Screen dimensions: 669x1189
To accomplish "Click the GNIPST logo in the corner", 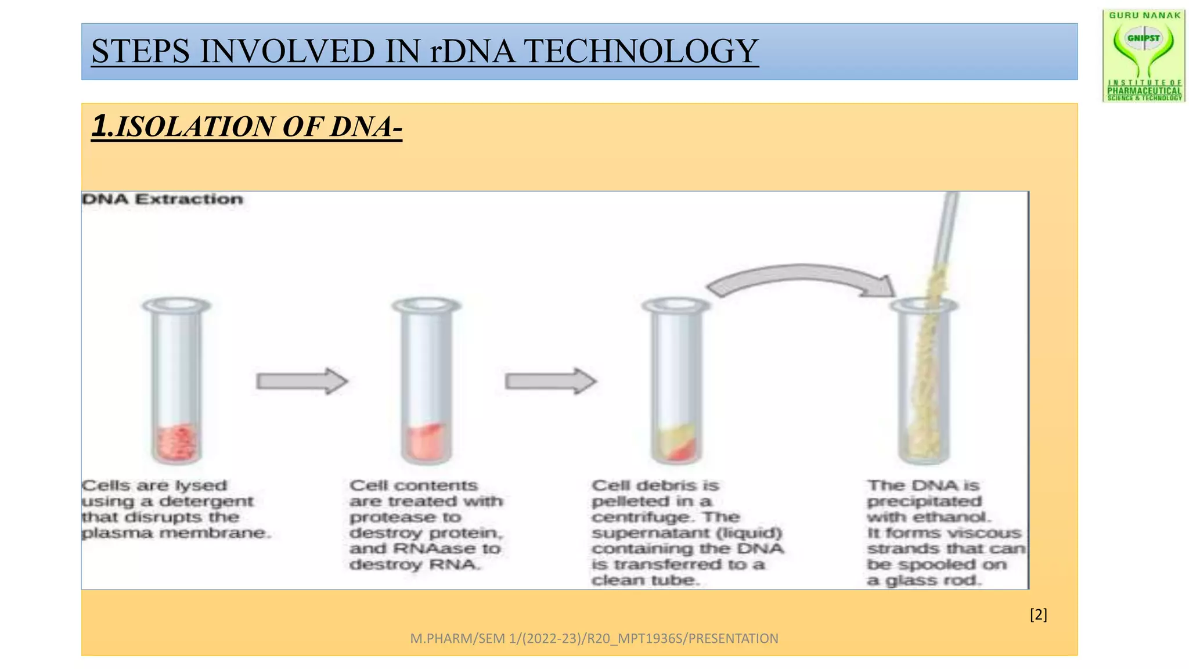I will [x=1144, y=56].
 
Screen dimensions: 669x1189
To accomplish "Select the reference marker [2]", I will [x=1038, y=614].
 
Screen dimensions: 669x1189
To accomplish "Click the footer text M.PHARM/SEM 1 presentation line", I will [x=594, y=638].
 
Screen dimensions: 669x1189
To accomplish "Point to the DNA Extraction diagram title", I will [x=163, y=199].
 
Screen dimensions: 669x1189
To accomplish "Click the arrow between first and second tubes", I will [x=302, y=382].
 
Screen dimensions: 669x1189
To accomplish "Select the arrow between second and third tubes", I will [x=550, y=382].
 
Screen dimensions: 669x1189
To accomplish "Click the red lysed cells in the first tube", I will [x=177, y=443].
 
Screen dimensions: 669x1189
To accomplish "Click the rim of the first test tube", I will [x=176, y=305].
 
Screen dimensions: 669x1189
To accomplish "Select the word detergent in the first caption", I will [x=206, y=501].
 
